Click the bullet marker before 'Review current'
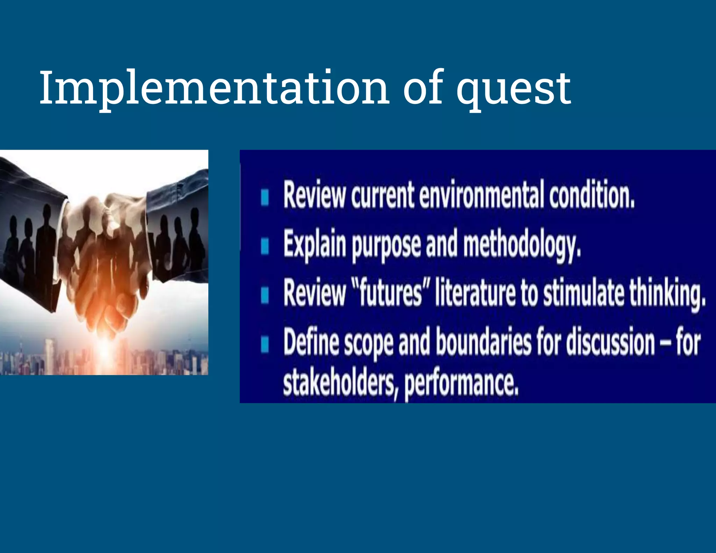(265, 197)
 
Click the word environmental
(481, 195)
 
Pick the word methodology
(522, 245)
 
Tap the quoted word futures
(391, 293)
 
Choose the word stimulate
(583, 293)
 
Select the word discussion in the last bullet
(610, 342)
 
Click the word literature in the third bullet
(475, 293)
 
